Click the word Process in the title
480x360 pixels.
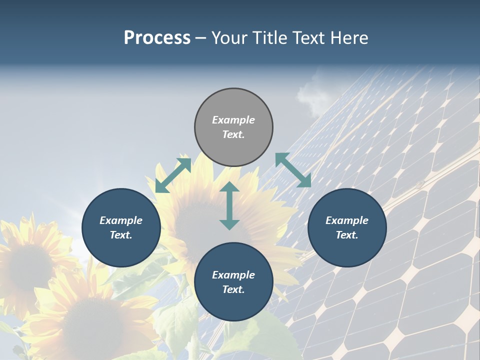157,38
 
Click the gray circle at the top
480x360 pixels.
233,105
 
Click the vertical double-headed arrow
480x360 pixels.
229,205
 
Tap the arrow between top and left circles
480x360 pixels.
173,175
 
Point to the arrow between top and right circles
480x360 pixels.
293,170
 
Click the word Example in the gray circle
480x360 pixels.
233,120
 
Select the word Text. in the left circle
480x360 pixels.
121,235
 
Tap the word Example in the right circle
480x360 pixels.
347,220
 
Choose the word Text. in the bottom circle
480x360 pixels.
233,289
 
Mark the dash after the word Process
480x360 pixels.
201,38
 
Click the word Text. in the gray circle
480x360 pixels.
233,134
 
